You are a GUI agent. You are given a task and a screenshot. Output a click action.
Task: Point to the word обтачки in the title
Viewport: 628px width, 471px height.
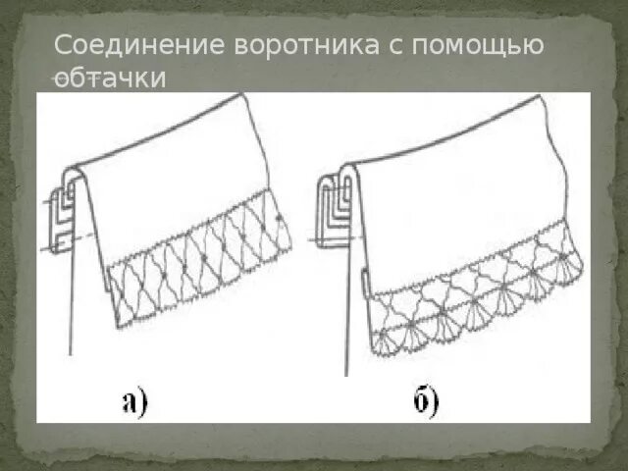pos(109,78)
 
